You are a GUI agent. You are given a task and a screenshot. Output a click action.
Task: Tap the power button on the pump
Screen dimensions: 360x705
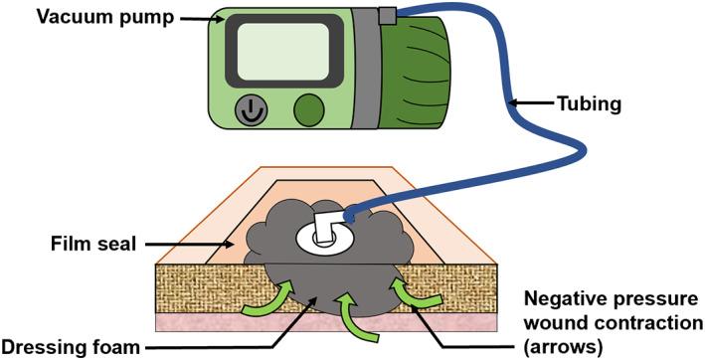(248, 110)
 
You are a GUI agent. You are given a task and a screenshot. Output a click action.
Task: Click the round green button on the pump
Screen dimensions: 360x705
(310, 108)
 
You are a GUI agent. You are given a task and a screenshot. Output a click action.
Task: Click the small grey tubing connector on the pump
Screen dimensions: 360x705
(387, 14)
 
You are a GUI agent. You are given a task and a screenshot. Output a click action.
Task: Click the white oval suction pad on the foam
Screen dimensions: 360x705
(329, 235)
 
